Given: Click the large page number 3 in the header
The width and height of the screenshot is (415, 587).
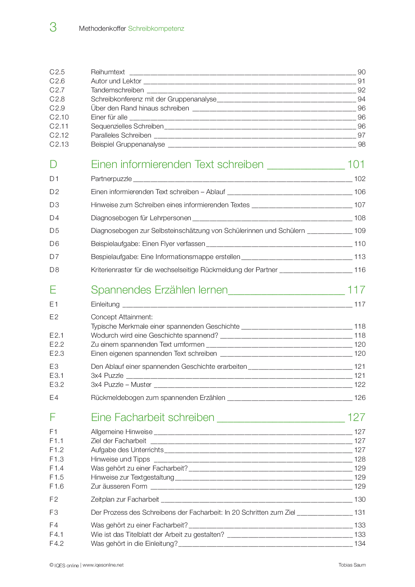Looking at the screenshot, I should coord(53,27).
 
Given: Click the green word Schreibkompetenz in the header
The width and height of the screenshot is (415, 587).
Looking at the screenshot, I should coord(156,29).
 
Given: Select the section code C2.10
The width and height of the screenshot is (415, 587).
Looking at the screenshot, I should coord(59,117).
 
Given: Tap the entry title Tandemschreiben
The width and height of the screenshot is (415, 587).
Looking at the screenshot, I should coord(117,90).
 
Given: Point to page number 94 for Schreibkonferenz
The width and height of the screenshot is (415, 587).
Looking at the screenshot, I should coord(361,99).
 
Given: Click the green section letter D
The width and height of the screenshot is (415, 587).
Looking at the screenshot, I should coord(53,164).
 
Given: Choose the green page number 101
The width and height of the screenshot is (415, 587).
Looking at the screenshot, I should coord(356,164).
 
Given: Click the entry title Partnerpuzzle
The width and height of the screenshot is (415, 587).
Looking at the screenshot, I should coord(111,179).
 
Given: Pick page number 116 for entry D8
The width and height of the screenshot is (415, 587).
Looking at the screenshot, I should coord(360,270).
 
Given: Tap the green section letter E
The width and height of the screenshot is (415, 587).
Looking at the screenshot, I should coord(53,290).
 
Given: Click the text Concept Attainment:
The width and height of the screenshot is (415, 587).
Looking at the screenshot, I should coord(122,317).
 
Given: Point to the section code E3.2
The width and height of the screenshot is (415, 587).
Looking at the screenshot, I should coord(57,385).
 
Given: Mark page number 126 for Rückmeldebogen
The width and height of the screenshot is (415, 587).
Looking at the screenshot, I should coord(360,398).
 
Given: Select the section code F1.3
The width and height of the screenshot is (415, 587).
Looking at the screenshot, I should coord(57,459).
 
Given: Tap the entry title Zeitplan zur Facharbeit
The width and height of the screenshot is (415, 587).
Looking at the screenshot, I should coord(125,499).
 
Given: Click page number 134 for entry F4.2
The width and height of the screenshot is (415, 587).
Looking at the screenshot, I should coord(360,543).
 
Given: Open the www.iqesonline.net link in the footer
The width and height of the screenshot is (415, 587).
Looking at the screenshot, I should coord(103,565).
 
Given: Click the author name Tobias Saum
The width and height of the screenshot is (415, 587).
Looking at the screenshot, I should coord(352,565).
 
